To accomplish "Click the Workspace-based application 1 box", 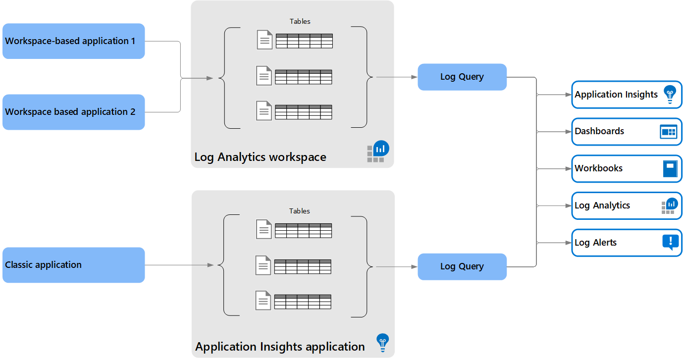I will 73,41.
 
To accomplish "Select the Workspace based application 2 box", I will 73,112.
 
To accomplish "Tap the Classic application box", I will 73,265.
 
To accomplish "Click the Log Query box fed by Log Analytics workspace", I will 462,77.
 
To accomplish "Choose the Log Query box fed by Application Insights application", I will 462,266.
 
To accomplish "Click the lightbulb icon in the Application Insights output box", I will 670,94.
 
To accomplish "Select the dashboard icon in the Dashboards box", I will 668,132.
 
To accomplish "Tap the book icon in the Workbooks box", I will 669,169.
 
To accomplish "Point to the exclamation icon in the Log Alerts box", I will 670,242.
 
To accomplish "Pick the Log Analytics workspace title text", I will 260,157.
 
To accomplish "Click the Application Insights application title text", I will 280,347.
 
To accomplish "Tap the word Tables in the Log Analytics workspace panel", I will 300,21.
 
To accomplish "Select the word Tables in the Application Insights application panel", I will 300,211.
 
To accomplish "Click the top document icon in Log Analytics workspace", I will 264,40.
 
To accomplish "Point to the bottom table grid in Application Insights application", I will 303,302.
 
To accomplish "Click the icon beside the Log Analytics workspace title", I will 378,152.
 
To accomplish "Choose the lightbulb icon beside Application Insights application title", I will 382,342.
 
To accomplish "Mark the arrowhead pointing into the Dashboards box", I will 569,132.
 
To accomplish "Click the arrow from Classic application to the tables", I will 178,265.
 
